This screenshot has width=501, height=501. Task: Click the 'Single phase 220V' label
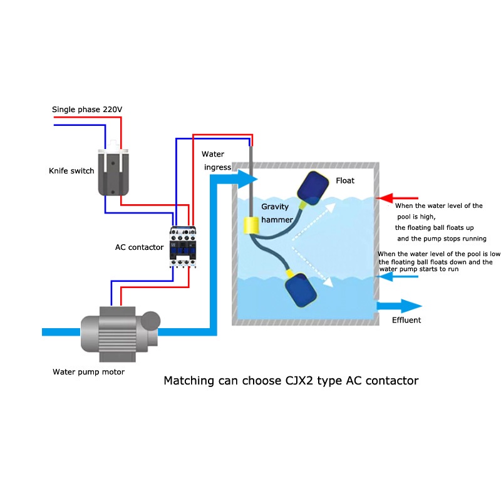pyautogui.click(x=87, y=110)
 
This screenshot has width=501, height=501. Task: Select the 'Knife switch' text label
pyautogui.click(x=71, y=171)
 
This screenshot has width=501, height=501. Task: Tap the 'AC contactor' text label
pyautogui.click(x=140, y=247)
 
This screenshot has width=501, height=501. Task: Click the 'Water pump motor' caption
pyautogui.click(x=88, y=372)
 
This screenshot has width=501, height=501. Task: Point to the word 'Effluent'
pyautogui.click(x=406, y=320)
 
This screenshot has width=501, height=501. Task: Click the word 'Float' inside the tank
pyautogui.click(x=345, y=181)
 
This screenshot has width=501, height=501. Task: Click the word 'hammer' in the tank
pyautogui.click(x=277, y=220)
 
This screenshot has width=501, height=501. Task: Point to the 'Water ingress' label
pyautogui.click(x=216, y=160)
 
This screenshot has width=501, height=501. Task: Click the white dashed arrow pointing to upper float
pyautogui.click(x=310, y=219)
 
